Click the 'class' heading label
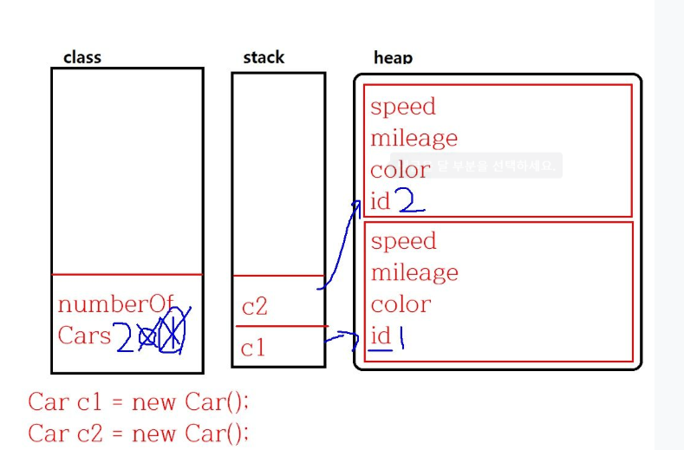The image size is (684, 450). pyautogui.click(x=82, y=58)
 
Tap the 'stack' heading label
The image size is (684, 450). pyautogui.click(x=264, y=58)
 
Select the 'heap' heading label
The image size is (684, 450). pyautogui.click(x=393, y=58)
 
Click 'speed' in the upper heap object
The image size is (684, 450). pyautogui.click(x=403, y=107)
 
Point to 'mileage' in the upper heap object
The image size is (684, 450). pyautogui.click(x=414, y=139)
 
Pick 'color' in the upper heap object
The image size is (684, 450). pyautogui.click(x=400, y=170)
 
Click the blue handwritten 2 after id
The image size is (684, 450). pyautogui.click(x=410, y=202)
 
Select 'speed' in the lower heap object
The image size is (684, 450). pyautogui.click(x=403, y=241)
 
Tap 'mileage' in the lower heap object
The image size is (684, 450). pyautogui.click(x=414, y=273)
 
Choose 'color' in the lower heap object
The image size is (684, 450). pyautogui.click(x=401, y=304)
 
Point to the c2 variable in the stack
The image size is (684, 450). pyautogui.click(x=255, y=307)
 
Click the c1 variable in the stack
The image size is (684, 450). pyautogui.click(x=253, y=349)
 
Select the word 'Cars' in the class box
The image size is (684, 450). pyautogui.click(x=84, y=336)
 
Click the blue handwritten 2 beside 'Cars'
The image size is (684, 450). pyautogui.click(x=125, y=336)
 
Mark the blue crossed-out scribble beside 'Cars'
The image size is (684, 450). pyautogui.click(x=166, y=331)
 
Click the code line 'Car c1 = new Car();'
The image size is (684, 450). pyautogui.click(x=138, y=402)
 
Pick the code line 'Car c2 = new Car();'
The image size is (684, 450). pyautogui.click(x=138, y=432)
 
